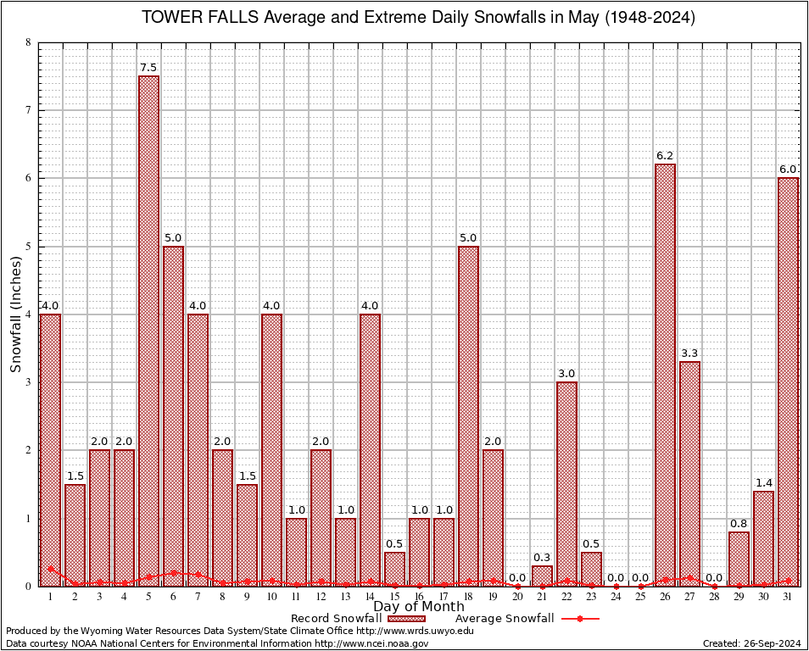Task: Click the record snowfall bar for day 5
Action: tap(148, 331)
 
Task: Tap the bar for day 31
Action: tap(789, 381)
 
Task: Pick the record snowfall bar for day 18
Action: tap(468, 415)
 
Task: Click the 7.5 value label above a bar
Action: tap(148, 68)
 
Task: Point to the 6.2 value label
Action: tap(666, 156)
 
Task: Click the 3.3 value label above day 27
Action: tap(690, 353)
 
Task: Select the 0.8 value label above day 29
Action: tap(739, 523)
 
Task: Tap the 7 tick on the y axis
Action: tap(29, 110)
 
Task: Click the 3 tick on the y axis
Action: tap(29, 382)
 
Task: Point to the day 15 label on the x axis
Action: tap(394, 598)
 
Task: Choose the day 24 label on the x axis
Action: tap(616, 598)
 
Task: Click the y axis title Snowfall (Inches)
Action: tap(15, 314)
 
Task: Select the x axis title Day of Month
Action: tap(418, 607)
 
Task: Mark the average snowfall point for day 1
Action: tap(50, 569)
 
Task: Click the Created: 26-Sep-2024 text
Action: tap(751, 644)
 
